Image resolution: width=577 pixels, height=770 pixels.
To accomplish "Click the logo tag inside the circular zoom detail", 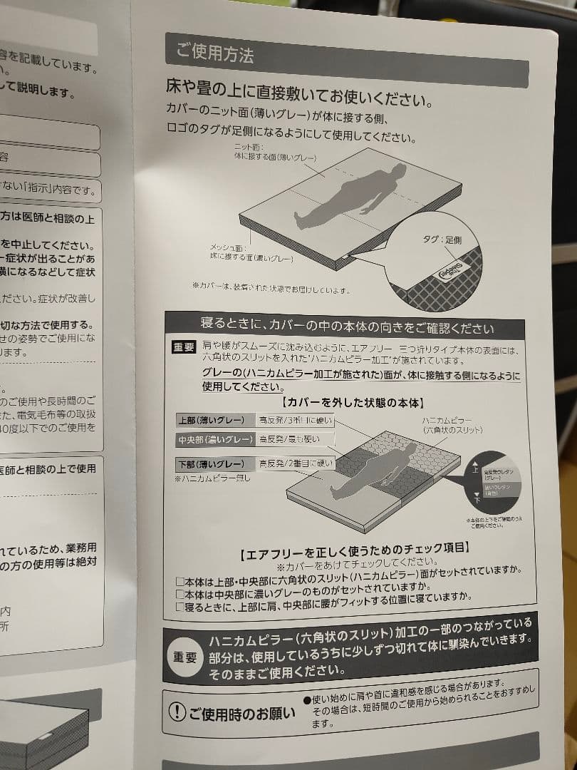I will pos(447,273).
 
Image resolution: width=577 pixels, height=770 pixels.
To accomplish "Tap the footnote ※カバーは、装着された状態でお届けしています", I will pos(271,288).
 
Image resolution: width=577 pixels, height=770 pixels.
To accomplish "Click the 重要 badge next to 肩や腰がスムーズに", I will pos(184,347).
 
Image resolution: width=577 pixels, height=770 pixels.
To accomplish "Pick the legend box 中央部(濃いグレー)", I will pos(214,440).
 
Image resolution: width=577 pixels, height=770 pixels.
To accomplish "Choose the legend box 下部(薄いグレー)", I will pos(213,463).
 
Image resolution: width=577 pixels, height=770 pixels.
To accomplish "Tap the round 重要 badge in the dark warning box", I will pos(184,657).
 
